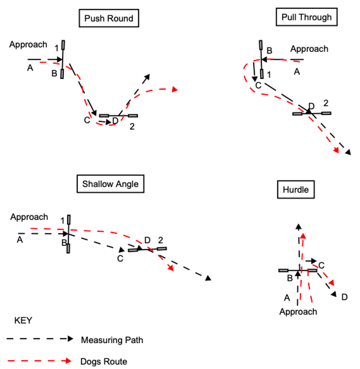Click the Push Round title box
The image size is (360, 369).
tap(109, 18)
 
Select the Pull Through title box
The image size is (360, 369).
tap(306, 17)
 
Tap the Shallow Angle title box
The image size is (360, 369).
tap(110, 184)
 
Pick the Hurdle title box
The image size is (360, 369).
tap(295, 189)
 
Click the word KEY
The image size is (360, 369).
tap(23, 320)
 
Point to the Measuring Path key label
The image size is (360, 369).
tap(112, 340)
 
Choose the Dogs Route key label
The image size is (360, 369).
tap(104, 361)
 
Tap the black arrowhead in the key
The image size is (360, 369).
tap(70, 339)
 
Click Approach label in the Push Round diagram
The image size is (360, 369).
tap(28, 45)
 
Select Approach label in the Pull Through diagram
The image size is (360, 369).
tap(309, 49)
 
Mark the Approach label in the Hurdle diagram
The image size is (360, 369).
tap(298, 311)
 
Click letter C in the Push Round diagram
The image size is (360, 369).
tap(87, 120)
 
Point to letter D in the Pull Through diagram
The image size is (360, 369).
tap(311, 105)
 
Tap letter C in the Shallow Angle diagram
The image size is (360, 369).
tap(120, 258)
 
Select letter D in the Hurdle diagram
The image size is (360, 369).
tap(344, 297)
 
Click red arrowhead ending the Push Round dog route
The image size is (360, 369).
tap(175, 89)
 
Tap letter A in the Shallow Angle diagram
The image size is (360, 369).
tap(20, 240)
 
